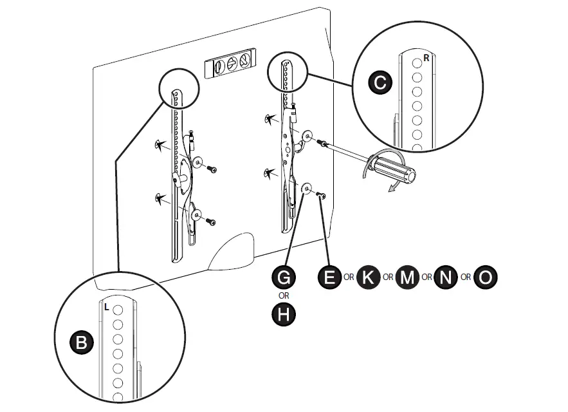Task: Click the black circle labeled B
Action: tap(81, 342)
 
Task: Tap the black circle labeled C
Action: tap(380, 82)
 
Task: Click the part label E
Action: tap(329, 277)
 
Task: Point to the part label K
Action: tap(368, 277)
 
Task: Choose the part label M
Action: tap(407, 277)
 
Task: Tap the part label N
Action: tap(445, 277)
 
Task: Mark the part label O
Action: tap(485, 277)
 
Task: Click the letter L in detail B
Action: tap(107, 308)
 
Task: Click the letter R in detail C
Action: tap(426, 58)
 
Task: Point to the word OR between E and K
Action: tap(349, 278)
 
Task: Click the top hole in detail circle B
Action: tap(118, 310)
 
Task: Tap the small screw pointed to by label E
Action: tap(322, 195)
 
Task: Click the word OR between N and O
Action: tap(465, 278)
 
